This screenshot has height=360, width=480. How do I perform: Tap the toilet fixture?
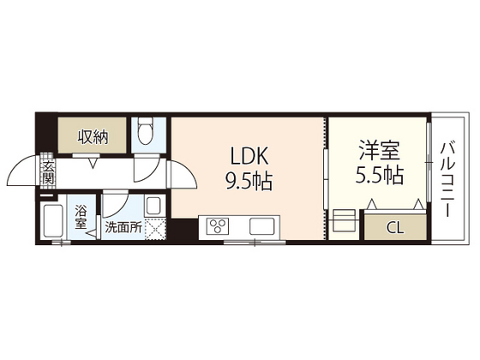click(145, 132)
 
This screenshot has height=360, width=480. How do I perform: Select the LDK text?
click(249, 157)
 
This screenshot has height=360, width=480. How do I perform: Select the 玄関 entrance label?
click(49, 173)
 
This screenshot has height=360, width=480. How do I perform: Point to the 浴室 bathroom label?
click(81, 218)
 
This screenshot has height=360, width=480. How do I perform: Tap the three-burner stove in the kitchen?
click(216, 226)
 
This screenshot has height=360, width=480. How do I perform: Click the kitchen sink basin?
click(261, 226)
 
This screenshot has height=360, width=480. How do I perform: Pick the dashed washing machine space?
click(154, 229)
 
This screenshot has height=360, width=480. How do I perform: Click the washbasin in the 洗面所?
click(153, 207)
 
